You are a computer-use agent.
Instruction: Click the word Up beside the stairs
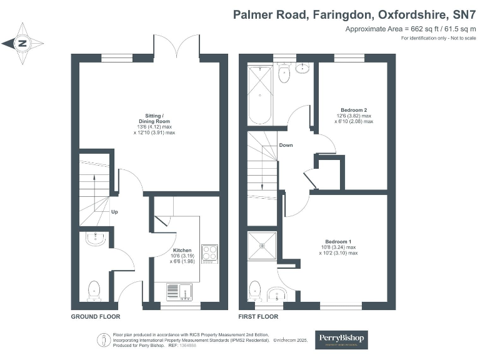(x=114, y=212)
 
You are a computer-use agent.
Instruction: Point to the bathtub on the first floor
(x=259, y=97)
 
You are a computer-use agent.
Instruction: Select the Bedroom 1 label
(x=338, y=242)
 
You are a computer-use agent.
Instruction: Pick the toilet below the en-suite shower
(x=255, y=289)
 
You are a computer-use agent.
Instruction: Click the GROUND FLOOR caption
(x=96, y=317)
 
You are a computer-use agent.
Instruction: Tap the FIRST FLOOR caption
(x=258, y=317)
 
